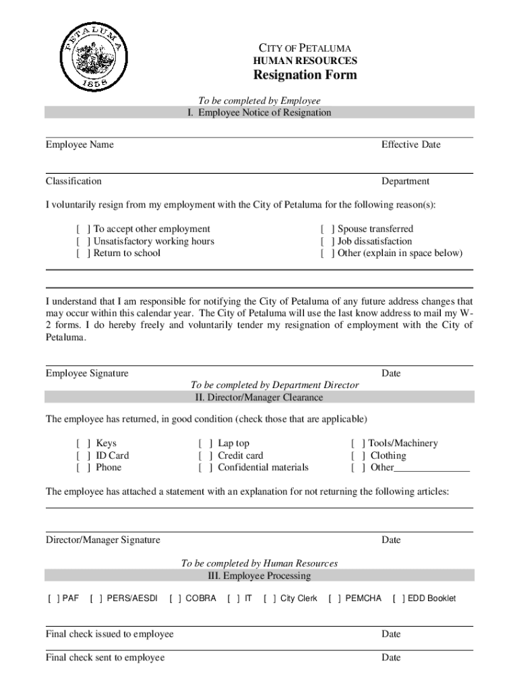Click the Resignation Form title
pyautogui.click(x=305, y=75)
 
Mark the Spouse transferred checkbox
pyautogui.click(x=328, y=229)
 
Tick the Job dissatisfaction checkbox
pyautogui.click(x=328, y=241)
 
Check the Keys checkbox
pyautogui.click(x=84, y=443)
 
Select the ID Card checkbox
pyautogui.click(x=84, y=456)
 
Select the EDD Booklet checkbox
pyautogui.click(x=399, y=598)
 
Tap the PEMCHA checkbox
pyautogui.click(x=334, y=598)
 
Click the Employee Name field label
pyautogui.click(x=80, y=145)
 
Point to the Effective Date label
pyautogui.click(x=410, y=145)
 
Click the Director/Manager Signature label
pyautogui.click(x=103, y=540)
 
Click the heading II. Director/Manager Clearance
pyautogui.click(x=259, y=398)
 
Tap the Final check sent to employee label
pyautogui.click(x=105, y=658)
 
